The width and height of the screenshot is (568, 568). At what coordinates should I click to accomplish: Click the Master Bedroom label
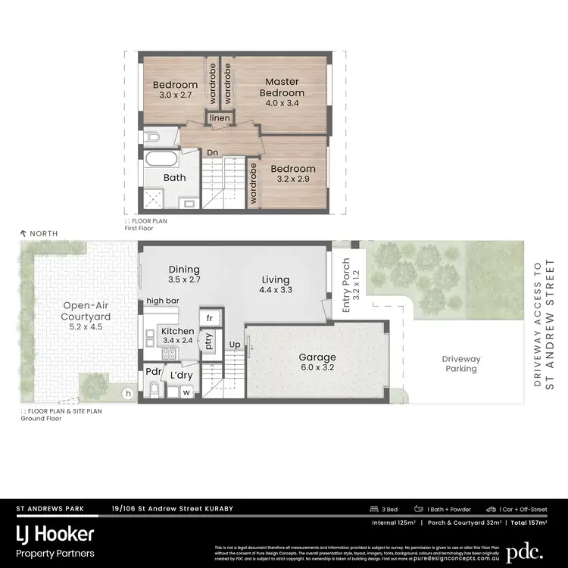[x=282, y=87]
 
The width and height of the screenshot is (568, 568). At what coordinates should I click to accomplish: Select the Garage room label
[x=317, y=357]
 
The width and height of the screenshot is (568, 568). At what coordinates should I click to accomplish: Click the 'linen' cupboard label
[x=220, y=119]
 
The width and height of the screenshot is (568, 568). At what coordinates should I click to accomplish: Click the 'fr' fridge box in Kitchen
[x=209, y=317]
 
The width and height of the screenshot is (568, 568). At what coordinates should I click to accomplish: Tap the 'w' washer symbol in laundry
[x=186, y=392]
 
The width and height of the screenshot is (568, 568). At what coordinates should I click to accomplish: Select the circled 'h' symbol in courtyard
[x=128, y=392]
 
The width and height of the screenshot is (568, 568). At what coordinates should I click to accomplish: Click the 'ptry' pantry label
[x=208, y=342]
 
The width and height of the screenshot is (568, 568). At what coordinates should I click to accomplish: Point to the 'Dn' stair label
[x=213, y=153]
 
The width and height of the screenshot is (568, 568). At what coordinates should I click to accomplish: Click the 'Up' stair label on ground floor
[x=235, y=345]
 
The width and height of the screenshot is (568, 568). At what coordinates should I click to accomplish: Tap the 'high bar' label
[x=162, y=301]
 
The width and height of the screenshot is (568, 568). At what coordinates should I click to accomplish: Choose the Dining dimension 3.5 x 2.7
[x=184, y=280]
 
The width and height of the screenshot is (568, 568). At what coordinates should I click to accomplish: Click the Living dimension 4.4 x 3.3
[x=276, y=289]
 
